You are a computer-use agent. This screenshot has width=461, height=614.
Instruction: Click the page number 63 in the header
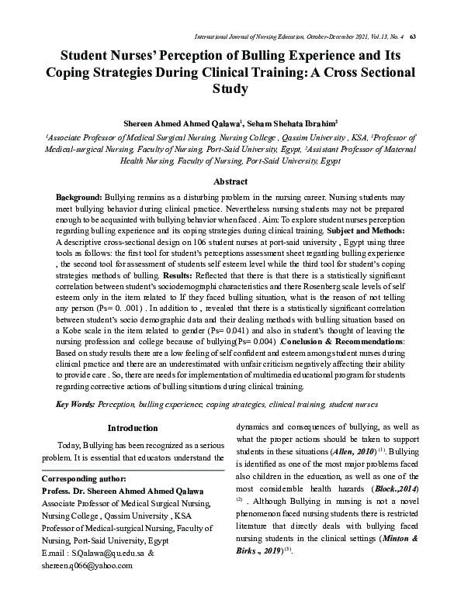pos(413,36)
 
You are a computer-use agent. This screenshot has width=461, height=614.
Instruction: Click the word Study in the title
pos(230,88)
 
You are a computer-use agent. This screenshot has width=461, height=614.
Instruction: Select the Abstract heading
pos(230,180)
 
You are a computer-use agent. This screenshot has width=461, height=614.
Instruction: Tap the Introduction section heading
pos(133,428)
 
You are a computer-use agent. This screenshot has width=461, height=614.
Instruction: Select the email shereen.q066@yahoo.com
pos(85,566)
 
